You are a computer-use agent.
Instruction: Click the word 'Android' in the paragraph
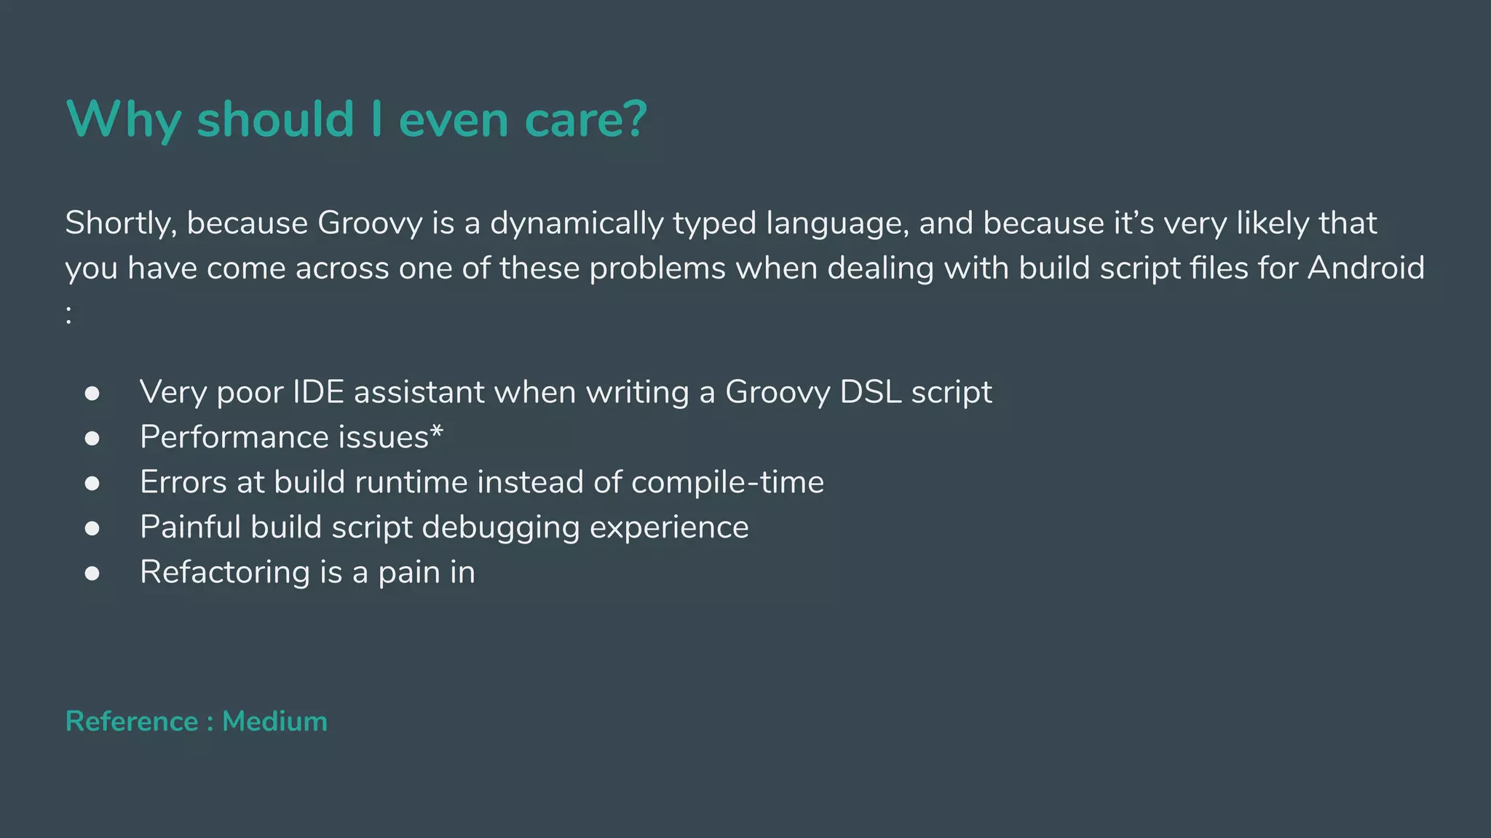click(1366, 268)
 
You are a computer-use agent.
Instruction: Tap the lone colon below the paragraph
click(69, 314)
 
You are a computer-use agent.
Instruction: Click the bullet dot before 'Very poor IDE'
click(92, 394)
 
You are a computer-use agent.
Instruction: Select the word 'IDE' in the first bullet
click(318, 392)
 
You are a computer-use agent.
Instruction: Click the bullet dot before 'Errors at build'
click(92, 484)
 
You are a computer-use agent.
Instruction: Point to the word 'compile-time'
click(727, 482)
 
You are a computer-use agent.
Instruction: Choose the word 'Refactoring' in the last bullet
click(225, 572)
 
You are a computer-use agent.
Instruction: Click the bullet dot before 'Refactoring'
click(92, 574)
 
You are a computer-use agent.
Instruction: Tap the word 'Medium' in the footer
click(274, 722)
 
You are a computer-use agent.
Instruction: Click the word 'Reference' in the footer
click(132, 722)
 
